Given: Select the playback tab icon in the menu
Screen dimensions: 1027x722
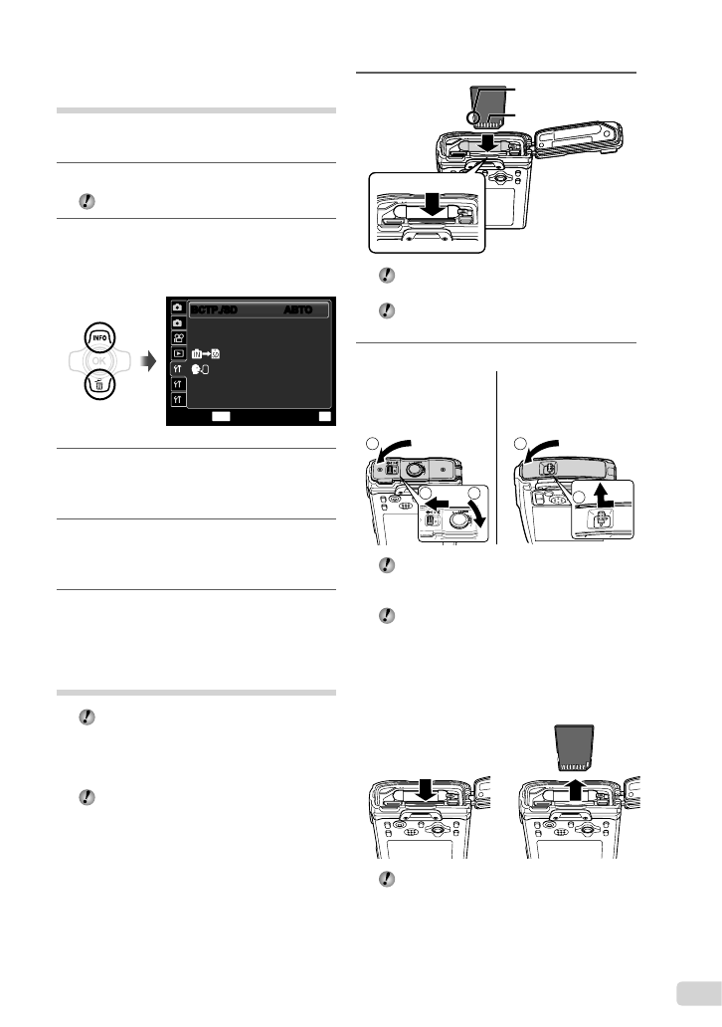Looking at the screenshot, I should click(177, 353).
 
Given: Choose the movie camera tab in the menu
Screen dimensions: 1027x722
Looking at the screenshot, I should click(177, 337).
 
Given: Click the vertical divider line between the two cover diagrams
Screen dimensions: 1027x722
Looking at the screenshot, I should click(495, 458).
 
